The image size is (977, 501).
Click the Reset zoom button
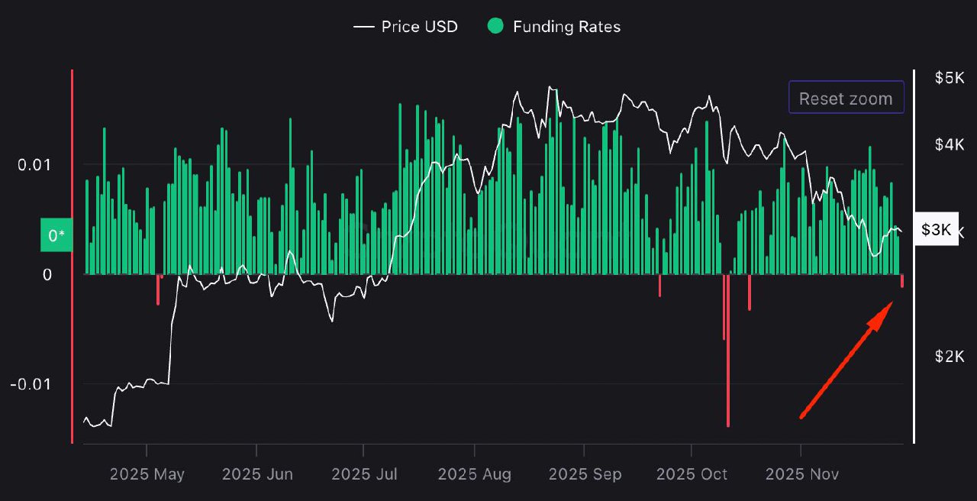tap(846, 99)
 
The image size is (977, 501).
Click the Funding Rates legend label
tap(566, 27)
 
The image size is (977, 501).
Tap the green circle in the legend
tap(495, 27)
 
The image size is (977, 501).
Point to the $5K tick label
tap(950, 78)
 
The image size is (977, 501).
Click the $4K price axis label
tap(950, 144)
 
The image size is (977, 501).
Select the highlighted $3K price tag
tap(936, 230)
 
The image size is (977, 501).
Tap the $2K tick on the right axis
tap(950, 357)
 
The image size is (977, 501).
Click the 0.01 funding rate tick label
tap(35, 165)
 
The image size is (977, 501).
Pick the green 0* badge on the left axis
tap(56, 235)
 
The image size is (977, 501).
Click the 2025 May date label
tap(147, 474)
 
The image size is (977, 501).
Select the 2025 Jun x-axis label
tap(257, 474)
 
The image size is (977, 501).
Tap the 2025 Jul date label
tap(365, 474)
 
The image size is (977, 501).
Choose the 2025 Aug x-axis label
tap(475, 474)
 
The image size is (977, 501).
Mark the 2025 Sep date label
tap(585, 474)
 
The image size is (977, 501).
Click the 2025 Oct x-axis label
tap(692, 474)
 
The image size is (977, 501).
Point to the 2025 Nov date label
tap(801, 474)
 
